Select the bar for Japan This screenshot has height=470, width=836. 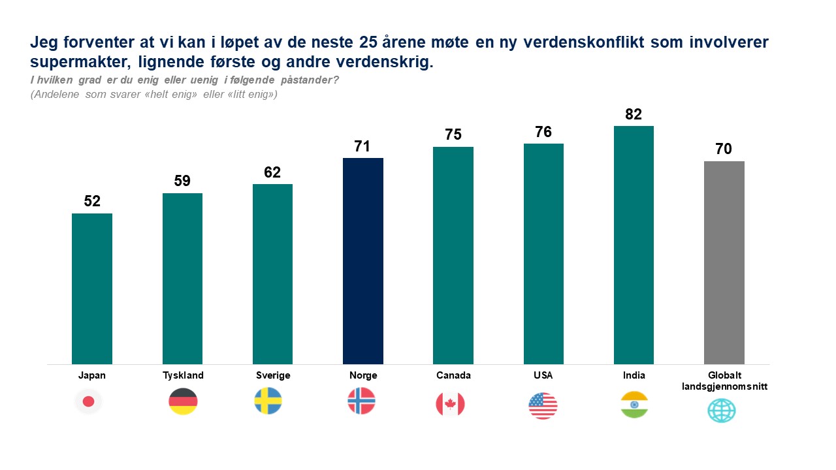[x=92, y=289]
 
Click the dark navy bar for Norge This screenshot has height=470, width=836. [x=362, y=261]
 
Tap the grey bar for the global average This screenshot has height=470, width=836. [x=724, y=262]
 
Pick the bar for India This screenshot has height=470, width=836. [x=634, y=245]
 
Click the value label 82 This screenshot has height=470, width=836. [x=634, y=115]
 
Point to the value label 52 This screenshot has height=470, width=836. [x=92, y=202]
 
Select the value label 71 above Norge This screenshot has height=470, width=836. [x=362, y=146]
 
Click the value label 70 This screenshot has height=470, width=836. [x=724, y=149]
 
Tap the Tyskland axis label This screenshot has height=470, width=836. [x=183, y=375]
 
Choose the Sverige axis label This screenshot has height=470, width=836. [x=273, y=375]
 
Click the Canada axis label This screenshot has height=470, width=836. [x=453, y=375]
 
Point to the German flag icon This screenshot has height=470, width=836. [x=183, y=401]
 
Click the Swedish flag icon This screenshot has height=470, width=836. [x=268, y=401]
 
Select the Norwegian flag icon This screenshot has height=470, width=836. [x=362, y=401]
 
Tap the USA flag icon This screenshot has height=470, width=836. [x=543, y=406]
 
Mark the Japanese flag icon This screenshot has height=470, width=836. [x=89, y=401]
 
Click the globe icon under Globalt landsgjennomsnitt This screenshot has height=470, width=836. [x=722, y=411]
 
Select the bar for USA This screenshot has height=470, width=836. [x=543, y=254]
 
